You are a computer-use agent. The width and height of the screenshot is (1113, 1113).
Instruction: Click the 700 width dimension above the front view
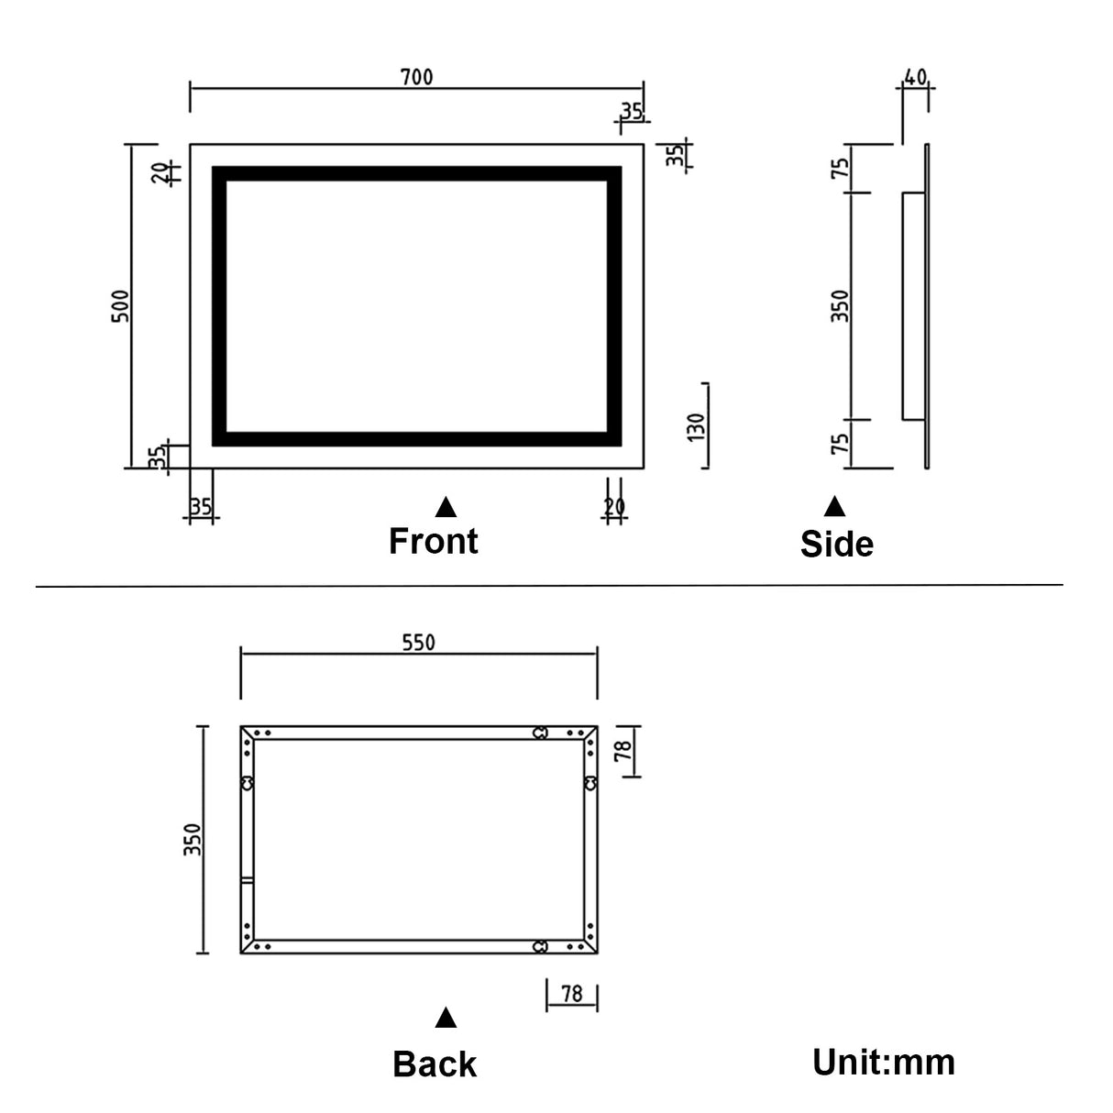point(416,77)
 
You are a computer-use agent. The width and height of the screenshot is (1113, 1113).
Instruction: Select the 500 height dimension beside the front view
point(121,305)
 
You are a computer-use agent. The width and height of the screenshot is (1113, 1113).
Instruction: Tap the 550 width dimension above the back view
point(418,643)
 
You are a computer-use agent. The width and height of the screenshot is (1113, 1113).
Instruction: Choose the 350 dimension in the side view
point(841,305)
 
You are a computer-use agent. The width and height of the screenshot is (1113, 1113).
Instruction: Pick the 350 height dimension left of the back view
point(193,839)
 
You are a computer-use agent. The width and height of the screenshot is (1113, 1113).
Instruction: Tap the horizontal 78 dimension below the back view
point(571,994)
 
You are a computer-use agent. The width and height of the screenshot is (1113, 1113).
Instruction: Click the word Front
point(433,541)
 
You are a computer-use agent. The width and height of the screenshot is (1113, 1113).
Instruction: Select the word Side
point(836,544)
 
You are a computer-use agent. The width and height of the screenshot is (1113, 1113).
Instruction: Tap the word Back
point(435,1064)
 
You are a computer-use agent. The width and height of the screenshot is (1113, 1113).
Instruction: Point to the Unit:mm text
point(883,1062)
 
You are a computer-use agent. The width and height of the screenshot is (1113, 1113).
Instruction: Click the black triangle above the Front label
point(446,507)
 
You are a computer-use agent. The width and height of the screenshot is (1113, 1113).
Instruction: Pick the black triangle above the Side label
point(834,507)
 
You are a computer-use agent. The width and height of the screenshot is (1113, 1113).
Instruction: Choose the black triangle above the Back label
point(446,1018)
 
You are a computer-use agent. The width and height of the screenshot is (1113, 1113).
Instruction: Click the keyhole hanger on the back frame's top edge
point(541,733)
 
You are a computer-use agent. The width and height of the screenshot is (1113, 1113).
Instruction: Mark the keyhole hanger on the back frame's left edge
point(247,783)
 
